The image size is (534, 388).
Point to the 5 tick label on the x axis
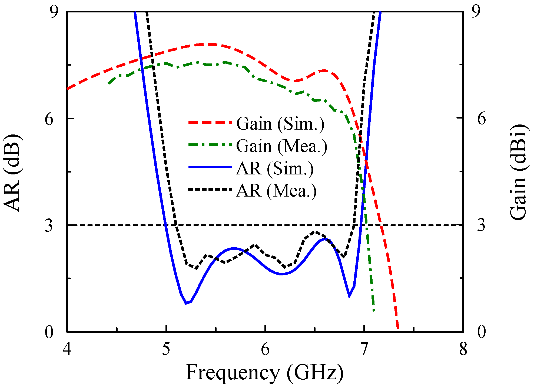pos(166,349)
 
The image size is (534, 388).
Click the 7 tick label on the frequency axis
pos(364,349)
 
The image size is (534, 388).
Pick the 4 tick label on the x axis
pos(67,349)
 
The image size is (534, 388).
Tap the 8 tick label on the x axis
pos(463,349)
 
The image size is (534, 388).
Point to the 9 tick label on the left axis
pos(49,12)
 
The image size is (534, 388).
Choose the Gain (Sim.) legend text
pos(280,124)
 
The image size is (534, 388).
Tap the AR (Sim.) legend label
pos(275,169)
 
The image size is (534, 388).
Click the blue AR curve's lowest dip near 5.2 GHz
pos(186,303)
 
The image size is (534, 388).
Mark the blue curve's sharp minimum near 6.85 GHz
pos(349,296)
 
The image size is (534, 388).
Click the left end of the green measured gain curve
pos(109,83)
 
